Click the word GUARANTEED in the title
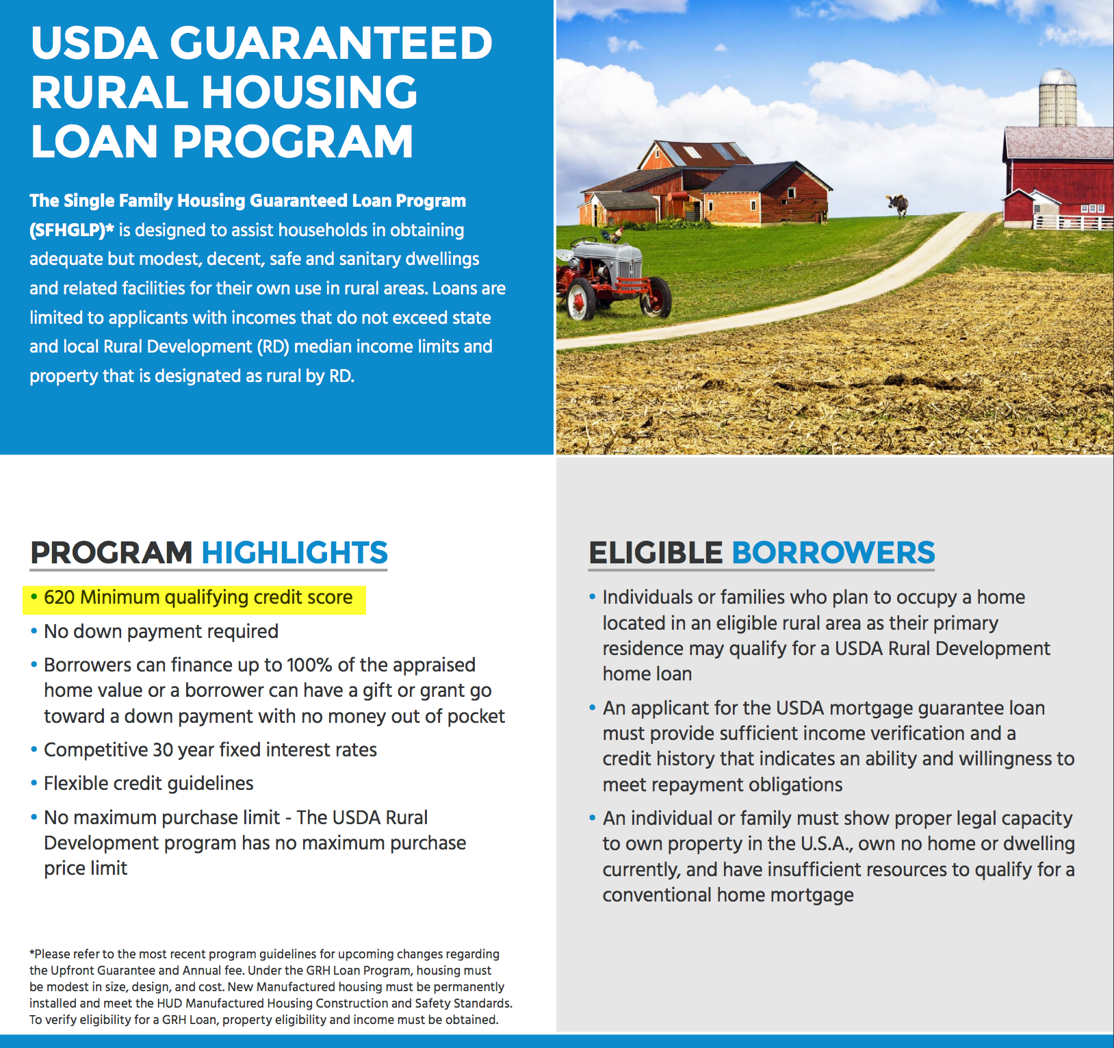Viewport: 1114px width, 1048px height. click(x=331, y=42)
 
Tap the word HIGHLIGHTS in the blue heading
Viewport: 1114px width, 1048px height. click(x=294, y=552)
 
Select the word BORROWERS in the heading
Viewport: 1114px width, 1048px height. click(x=833, y=552)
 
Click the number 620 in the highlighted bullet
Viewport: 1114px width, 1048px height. click(x=59, y=597)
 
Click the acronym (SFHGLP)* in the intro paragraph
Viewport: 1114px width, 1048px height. click(x=71, y=230)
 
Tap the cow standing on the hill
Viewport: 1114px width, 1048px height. click(x=898, y=204)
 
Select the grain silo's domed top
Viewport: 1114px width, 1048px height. click(x=1058, y=76)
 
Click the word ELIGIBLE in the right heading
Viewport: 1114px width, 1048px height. click(x=656, y=552)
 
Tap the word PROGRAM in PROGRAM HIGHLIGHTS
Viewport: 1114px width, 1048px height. click(x=112, y=552)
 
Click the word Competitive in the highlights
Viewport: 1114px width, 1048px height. click(x=96, y=750)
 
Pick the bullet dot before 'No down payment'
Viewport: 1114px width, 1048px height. click(x=34, y=631)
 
